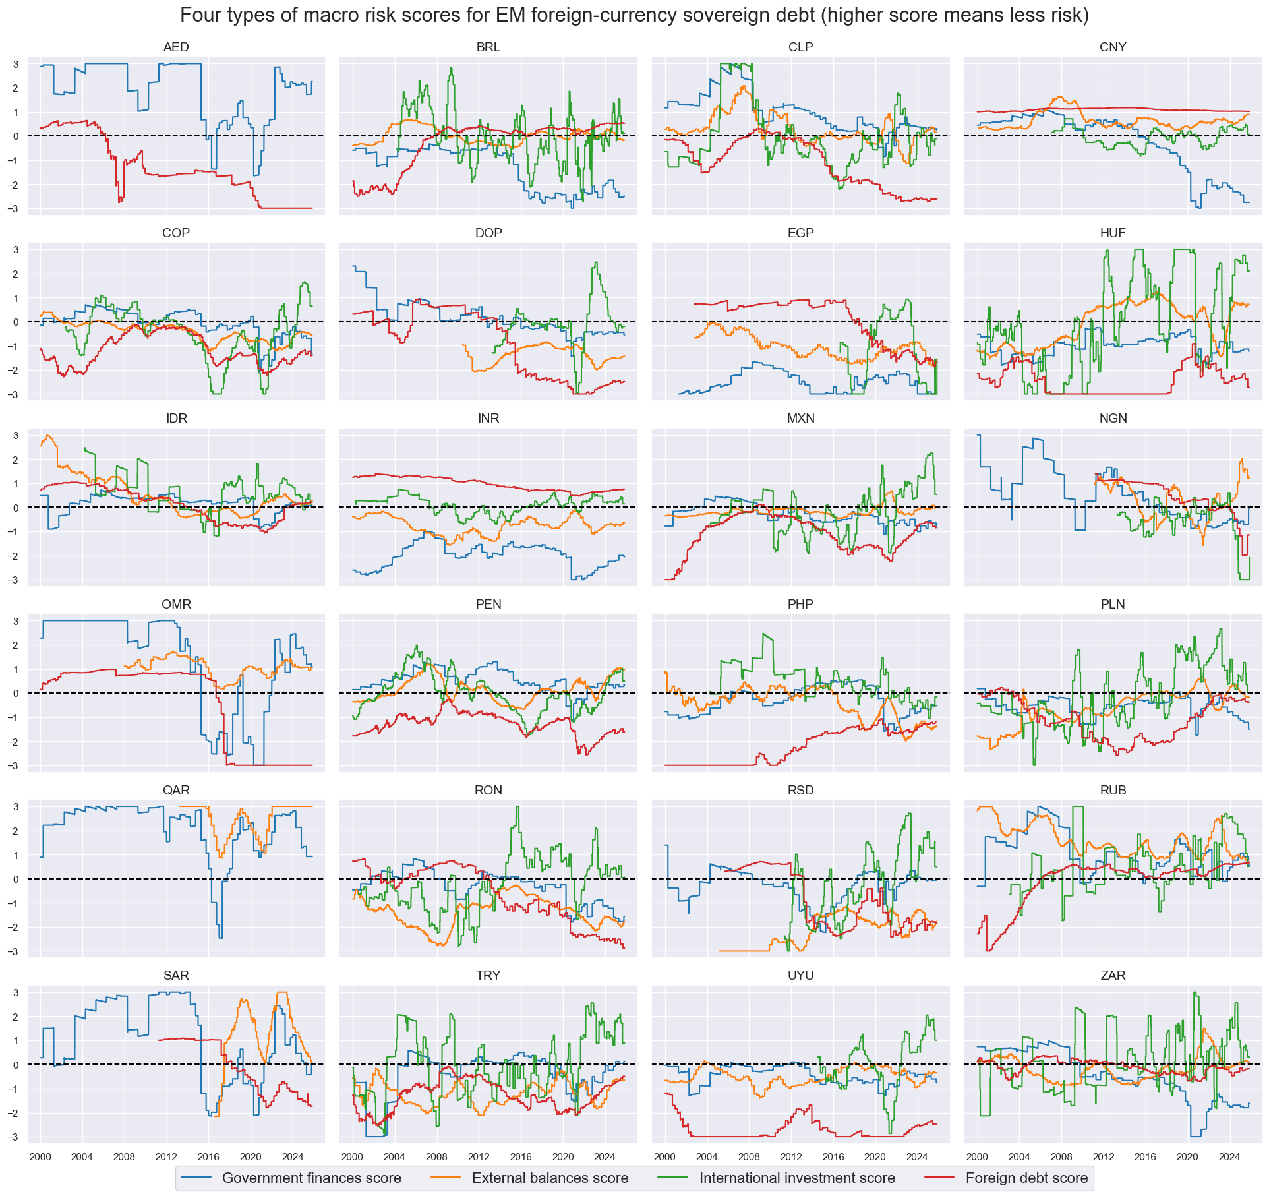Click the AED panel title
point(176,47)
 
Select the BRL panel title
point(488,47)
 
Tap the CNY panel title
point(1113,47)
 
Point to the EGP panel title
point(800,233)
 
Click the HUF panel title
point(1113,233)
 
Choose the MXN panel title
point(800,419)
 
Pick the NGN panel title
point(1113,419)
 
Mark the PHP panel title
point(800,605)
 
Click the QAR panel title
point(176,791)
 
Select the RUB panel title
point(1113,791)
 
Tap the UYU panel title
point(800,976)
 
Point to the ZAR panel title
point(1113,976)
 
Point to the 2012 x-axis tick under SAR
point(166,1157)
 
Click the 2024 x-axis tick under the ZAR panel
point(1229,1157)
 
